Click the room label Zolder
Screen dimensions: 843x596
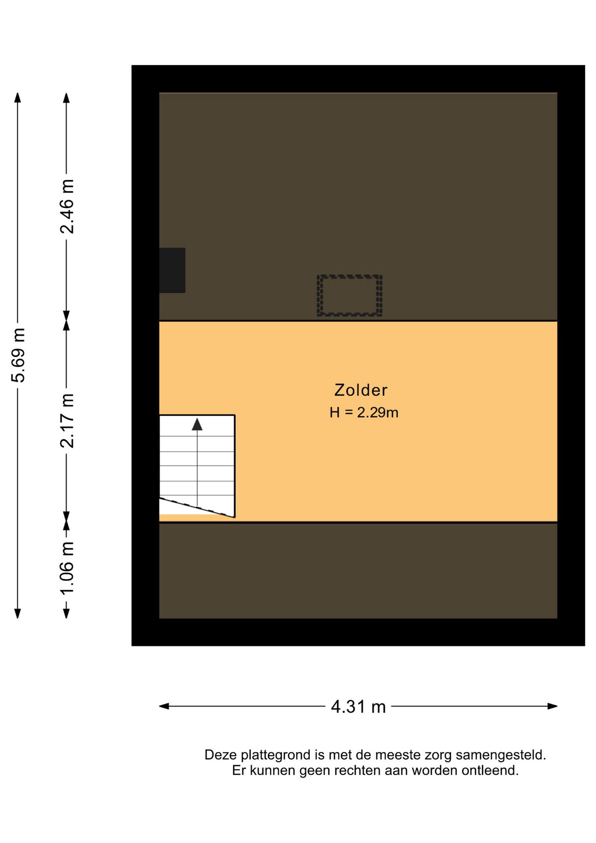(361, 390)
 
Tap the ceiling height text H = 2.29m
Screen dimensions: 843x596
(364, 412)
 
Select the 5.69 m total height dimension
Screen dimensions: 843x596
(18, 355)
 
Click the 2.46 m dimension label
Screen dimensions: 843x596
(67, 206)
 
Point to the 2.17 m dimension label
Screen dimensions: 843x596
(67, 420)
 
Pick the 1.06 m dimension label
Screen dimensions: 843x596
(67, 568)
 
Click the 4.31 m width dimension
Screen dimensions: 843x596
(358, 706)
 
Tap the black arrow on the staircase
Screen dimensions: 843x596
(197, 424)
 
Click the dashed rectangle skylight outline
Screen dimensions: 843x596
(349, 295)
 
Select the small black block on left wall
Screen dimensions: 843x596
(172, 270)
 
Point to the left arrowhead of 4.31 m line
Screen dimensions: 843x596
(164, 706)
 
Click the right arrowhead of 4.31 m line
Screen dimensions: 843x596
(553, 706)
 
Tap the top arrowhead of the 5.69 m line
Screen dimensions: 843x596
(18, 97)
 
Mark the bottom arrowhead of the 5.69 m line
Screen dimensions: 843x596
(18, 613)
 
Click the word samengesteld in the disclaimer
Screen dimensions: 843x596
(500, 755)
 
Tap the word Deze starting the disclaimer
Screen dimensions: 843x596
(220, 755)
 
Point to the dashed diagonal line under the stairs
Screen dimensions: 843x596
(197, 507)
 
